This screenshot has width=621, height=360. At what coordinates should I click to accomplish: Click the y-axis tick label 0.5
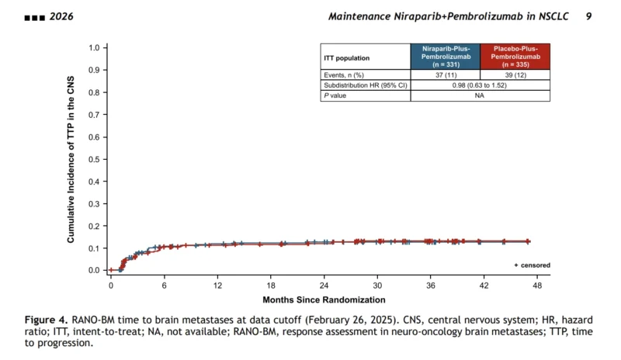(x=94, y=159)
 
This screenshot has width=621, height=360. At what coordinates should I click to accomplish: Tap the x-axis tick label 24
(x=324, y=286)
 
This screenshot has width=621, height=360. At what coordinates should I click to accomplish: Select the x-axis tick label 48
(x=537, y=286)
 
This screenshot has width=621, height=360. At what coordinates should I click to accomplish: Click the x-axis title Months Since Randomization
(x=324, y=299)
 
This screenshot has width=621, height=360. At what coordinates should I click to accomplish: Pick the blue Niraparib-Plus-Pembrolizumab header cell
(x=446, y=56)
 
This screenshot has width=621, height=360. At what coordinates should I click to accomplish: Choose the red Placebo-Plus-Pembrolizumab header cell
(x=515, y=56)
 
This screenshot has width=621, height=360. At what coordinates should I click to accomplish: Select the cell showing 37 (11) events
(x=446, y=74)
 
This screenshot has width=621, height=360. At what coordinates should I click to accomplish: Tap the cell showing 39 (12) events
(x=515, y=74)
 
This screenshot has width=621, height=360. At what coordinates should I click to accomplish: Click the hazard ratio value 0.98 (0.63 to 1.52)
(x=480, y=85)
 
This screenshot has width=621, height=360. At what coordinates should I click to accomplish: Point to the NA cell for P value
(x=480, y=95)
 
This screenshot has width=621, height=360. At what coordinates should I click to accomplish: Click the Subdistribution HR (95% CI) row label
(x=366, y=85)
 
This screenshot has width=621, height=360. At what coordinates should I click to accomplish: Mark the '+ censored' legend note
(x=532, y=265)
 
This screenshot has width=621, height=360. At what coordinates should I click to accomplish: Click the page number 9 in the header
(x=588, y=16)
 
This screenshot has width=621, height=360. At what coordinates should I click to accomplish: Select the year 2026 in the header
(x=61, y=16)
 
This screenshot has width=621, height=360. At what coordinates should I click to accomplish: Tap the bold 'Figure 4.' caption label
(x=47, y=320)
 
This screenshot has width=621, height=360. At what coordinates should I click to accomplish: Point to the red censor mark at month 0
(x=111, y=270)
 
